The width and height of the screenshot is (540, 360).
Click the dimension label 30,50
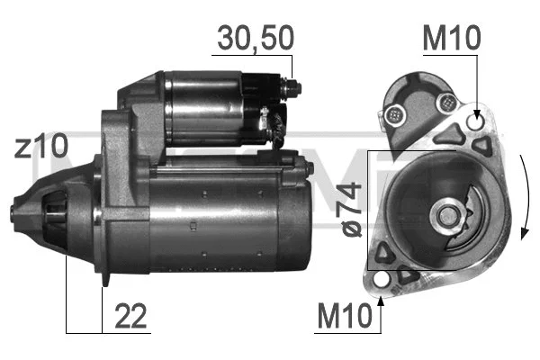pos(253,40)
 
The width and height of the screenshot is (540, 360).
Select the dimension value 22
pos(131,316)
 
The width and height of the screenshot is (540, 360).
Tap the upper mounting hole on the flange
pos(476,122)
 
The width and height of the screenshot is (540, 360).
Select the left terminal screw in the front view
pos(393,114)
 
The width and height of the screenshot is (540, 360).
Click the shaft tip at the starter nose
pos(13,212)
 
